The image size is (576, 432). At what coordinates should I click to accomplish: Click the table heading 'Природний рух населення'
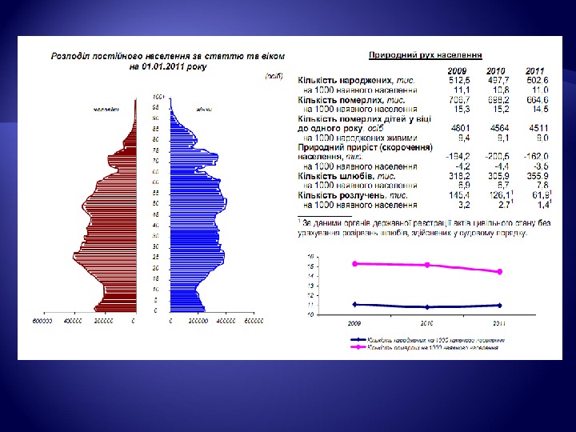coord(424,55)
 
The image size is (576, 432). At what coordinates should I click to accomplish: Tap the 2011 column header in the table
coord(537,72)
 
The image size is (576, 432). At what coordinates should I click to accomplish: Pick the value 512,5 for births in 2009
coord(458,81)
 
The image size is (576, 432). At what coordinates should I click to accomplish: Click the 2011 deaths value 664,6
coord(536,99)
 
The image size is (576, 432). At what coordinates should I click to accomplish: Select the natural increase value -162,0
coord(534,158)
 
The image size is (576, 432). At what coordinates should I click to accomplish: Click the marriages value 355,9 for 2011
coord(536,175)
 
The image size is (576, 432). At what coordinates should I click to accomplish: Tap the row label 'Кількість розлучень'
coord(353,194)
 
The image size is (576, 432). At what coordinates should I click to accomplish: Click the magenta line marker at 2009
coord(354,263)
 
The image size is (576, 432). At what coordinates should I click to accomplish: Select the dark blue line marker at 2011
coord(500,305)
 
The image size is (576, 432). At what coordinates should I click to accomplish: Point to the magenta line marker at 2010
coord(428,265)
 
